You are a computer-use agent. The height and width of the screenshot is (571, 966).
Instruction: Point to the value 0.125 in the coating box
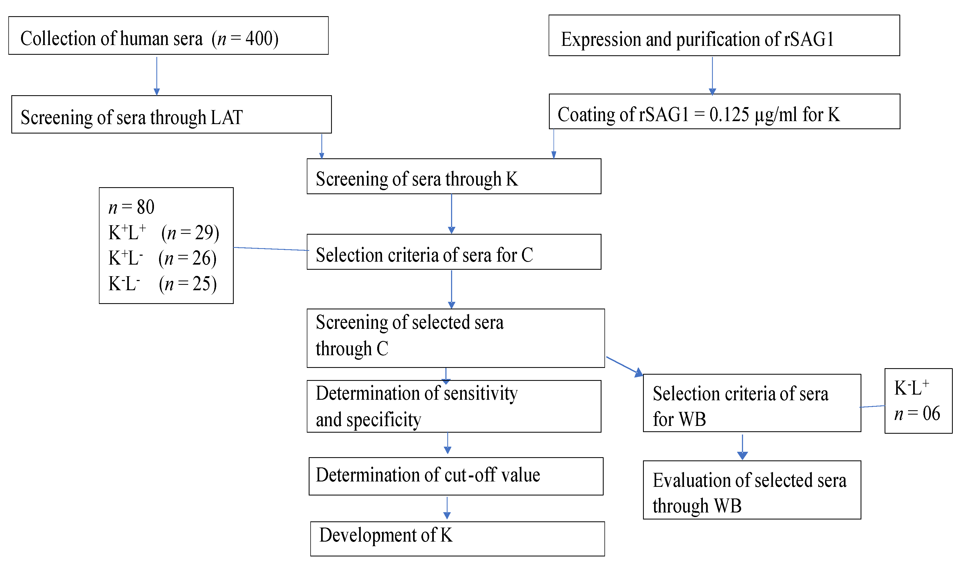pyautogui.click(x=729, y=115)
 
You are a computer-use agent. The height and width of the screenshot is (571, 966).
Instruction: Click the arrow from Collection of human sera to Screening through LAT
pyautogui.click(x=157, y=76)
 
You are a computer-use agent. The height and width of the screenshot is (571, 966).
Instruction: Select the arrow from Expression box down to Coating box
pyautogui.click(x=712, y=76)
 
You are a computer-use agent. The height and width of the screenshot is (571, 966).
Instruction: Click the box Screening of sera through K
pyautogui.click(x=454, y=176)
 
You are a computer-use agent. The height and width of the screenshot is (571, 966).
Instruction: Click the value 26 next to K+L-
pyautogui.click(x=201, y=258)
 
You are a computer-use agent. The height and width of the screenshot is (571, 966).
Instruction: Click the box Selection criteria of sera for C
pyautogui.click(x=454, y=252)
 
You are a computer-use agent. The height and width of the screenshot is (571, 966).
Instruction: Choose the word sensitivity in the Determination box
pyautogui.click(x=480, y=394)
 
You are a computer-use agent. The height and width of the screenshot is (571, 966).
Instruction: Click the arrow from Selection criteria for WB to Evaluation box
pyautogui.click(x=742, y=447)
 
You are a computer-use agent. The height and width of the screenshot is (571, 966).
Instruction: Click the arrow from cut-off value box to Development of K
pyautogui.click(x=447, y=508)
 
